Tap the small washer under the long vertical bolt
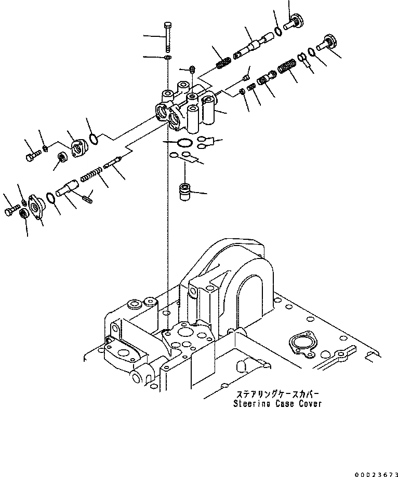167,57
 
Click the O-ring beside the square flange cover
94,139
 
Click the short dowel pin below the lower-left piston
87,197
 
